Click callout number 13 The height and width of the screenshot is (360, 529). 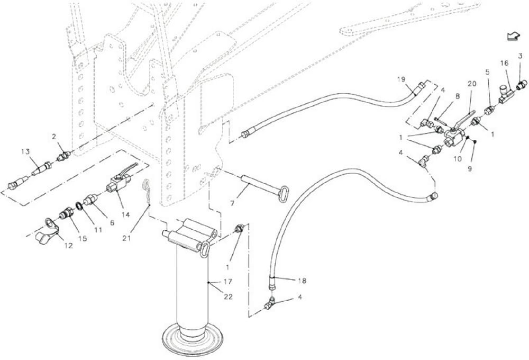tap(25, 152)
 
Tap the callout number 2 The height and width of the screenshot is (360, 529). tap(53, 137)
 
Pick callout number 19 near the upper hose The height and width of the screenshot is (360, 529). tap(401, 79)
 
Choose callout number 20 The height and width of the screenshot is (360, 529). tap(472, 83)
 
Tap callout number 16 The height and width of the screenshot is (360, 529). tap(504, 63)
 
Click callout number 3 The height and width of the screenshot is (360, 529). tap(520, 56)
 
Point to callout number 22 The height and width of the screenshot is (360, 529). tap(228, 297)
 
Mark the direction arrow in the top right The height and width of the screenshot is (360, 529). tap(512, 36)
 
